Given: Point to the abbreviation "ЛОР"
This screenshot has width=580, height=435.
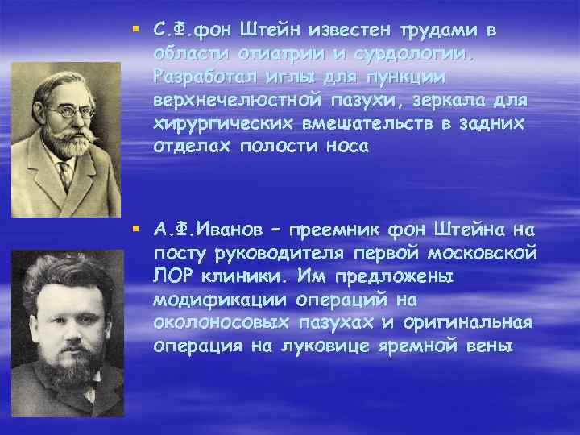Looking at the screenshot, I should [x=171, y=278].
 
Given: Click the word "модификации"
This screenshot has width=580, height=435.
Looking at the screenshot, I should [x=205, y=300].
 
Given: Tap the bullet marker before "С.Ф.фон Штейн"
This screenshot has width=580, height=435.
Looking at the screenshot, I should [x=137, y=31].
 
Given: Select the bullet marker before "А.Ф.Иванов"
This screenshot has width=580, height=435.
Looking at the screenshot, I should [x=137, y=233].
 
